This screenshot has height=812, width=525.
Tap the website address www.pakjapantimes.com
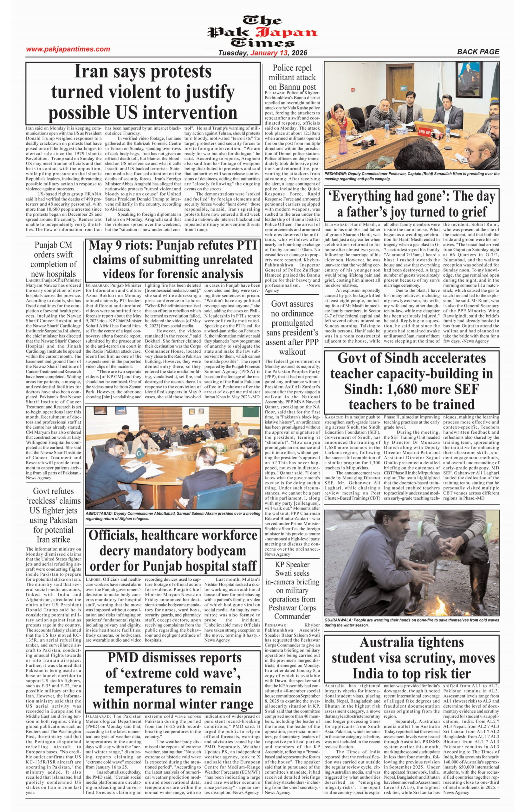point(68,49)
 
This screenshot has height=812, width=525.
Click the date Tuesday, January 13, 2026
point(262,53)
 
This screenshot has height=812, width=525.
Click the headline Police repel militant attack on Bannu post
point(292,77)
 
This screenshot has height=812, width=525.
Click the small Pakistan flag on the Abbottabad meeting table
point(139,454)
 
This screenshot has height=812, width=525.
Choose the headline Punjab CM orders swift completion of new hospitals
point(53,259)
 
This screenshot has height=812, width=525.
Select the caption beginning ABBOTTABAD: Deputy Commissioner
point(172,516)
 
